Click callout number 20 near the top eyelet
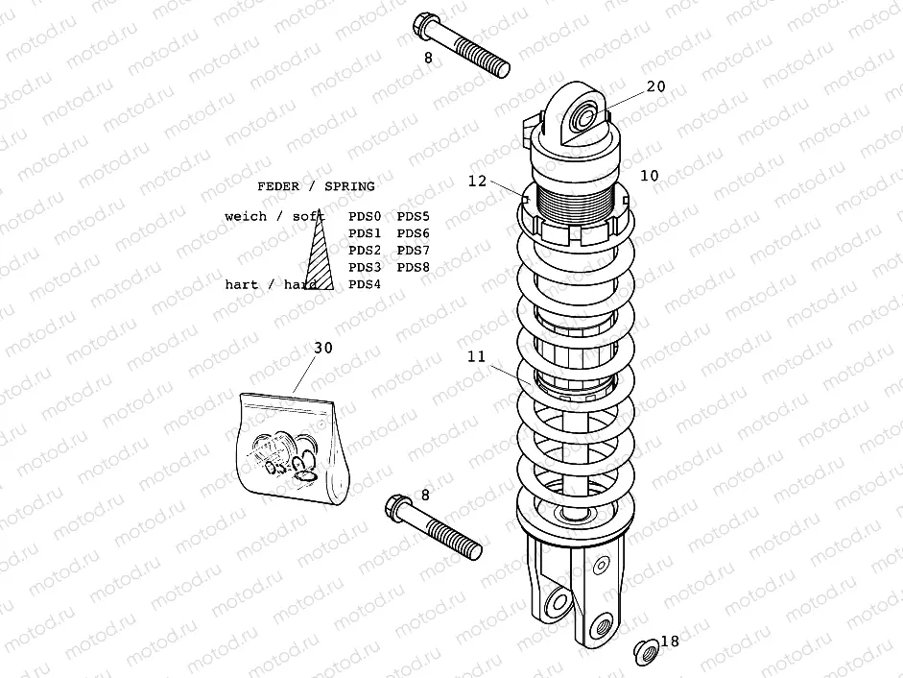[655, 85]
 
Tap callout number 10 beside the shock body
[650, 175]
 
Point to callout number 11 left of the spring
[478, 356]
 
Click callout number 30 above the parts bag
[323, 348]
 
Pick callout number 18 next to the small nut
[670, 642]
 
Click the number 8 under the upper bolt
[429, 59]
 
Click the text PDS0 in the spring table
[365, 216]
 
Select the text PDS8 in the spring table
[413, 267]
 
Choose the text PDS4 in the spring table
[365, 284]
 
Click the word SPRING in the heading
[349, 185]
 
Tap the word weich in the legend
[244, 216]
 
